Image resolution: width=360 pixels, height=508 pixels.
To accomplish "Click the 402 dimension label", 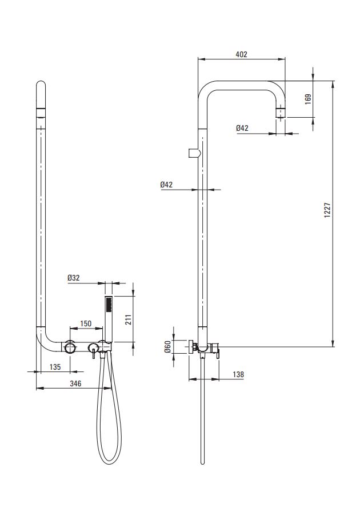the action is tap(241, 54).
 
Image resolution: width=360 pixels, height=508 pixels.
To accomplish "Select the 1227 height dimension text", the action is tap(327, 210).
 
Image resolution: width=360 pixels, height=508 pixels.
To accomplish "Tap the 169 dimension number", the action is tap(308, 99).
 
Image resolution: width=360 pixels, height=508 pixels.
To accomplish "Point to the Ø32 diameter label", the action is tap(74, 278).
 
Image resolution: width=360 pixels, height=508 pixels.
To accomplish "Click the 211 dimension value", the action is tap(128, 320).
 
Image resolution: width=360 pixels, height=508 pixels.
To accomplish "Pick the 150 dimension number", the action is tap(86, 323).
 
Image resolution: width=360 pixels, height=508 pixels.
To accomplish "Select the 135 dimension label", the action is tap(55, 367).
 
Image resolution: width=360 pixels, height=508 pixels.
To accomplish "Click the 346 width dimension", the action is tap(75, 383).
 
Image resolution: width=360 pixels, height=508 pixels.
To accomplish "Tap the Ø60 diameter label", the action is tap(167, 347).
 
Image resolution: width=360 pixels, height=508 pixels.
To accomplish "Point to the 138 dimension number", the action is tap(238, 374).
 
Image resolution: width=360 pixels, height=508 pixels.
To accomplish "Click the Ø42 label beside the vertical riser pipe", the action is tap(166, 185).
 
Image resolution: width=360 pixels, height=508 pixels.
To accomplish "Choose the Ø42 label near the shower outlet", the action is tap(242, 128).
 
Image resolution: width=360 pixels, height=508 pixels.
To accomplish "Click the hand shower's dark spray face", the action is tap(109, 305).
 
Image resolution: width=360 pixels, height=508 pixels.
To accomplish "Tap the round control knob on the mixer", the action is tap(70, 347).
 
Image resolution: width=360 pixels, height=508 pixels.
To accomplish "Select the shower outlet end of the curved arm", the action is tap(281, 112).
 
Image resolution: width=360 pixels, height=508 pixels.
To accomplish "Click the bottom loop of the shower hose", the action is tap(109, 459).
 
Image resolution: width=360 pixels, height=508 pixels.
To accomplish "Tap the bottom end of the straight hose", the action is tap(202, 463).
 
